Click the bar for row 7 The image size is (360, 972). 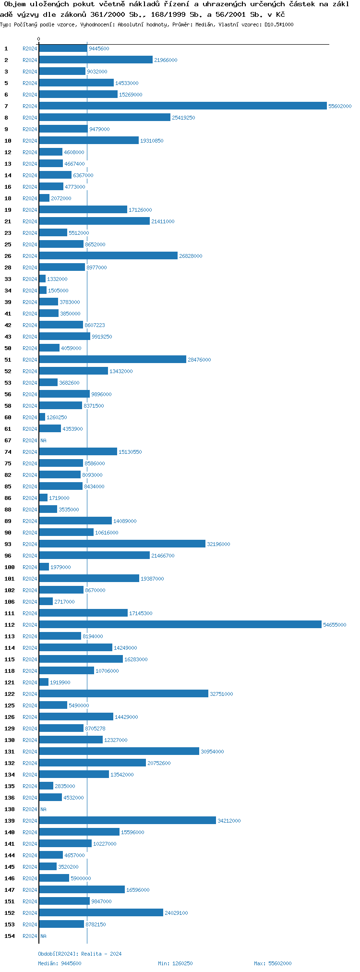click(x=182, y=106)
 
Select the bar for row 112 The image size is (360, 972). click(x=180, y=625)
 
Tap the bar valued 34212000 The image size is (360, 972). click(x=127, y=821)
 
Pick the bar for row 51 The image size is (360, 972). click(x=112, y=360)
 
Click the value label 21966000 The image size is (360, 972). click(x=166, y=60)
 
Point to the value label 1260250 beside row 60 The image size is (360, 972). click(x=57, y=417)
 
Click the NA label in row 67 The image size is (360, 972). click(x=43, y=440)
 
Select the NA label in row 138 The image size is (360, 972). click(x=43, y=809)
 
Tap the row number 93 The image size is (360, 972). click(x=8, y=544)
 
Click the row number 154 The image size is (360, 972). click(x=10, y=936)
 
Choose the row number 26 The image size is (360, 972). click(x=8, y=256)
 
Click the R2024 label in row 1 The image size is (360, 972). click(x=30, y=49)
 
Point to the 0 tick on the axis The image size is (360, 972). click(x=39, y=39)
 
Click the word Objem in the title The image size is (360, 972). click(x=14, y=4)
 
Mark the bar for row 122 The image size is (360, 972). click(x=123, y=694)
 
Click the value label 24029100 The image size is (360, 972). click(x=176, y=913)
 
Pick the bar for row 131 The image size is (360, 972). click(x=119, y=752)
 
